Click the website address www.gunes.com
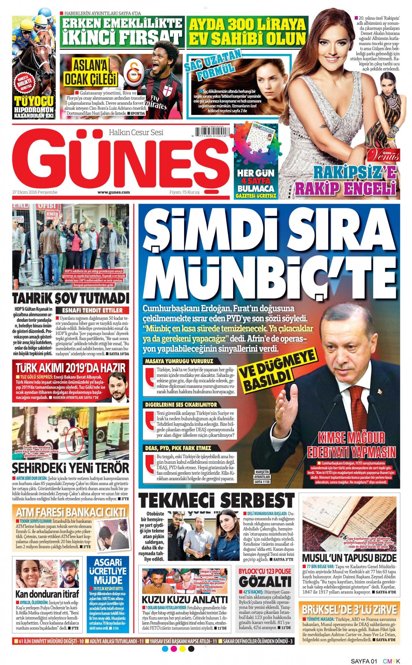[114, 192]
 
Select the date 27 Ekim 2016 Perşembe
[35, 192]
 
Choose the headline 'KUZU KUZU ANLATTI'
[185, 600]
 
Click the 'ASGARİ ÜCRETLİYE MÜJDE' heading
[108, 571]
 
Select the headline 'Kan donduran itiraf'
[47, 594]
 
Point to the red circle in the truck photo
[72, 439]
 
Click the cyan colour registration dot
[165, 649]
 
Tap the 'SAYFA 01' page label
[364, 661]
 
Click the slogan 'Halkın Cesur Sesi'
[136, 133]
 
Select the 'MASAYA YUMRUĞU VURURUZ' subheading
[179, 361]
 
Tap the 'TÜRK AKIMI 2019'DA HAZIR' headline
[70, 368]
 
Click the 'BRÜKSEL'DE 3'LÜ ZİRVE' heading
[349, 610]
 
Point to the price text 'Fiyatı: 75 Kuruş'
[184, 192]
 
